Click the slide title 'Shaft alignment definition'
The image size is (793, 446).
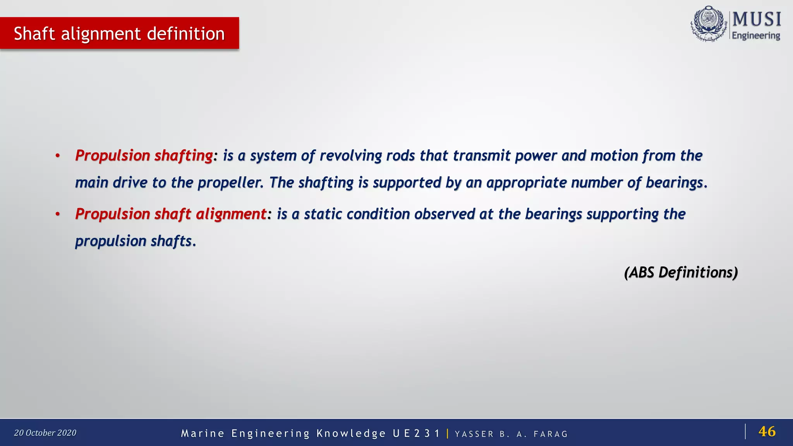pyautogui.click(x=119, y=34)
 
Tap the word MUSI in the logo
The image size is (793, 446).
pyautogui.click(x=757, y=19)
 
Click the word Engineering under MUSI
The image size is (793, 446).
pyautogui.click(x=755, y=36)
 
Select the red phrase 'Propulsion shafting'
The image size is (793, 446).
pyautogui.click(x=144, y=156)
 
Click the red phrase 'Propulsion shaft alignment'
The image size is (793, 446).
pyautogui.click(x=170, y=214)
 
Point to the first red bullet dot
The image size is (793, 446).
pyautogui.click(x=58, y=156)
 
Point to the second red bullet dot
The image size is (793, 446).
pyautogui.click(x=58, y=214)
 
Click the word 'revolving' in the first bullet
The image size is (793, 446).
pyautogui.click(x=351, y=156)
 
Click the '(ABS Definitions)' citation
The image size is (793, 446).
pyautogui.click(x=681, y=273)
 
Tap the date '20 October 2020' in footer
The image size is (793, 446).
pyautogui.click(x=45, y=433)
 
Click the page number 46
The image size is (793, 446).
pyautogui.click(x=767, y=431)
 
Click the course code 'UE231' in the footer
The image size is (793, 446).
pyautogui.click(x=416, y=434)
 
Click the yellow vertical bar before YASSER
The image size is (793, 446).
pyautogui.click(x=448, y=433)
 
